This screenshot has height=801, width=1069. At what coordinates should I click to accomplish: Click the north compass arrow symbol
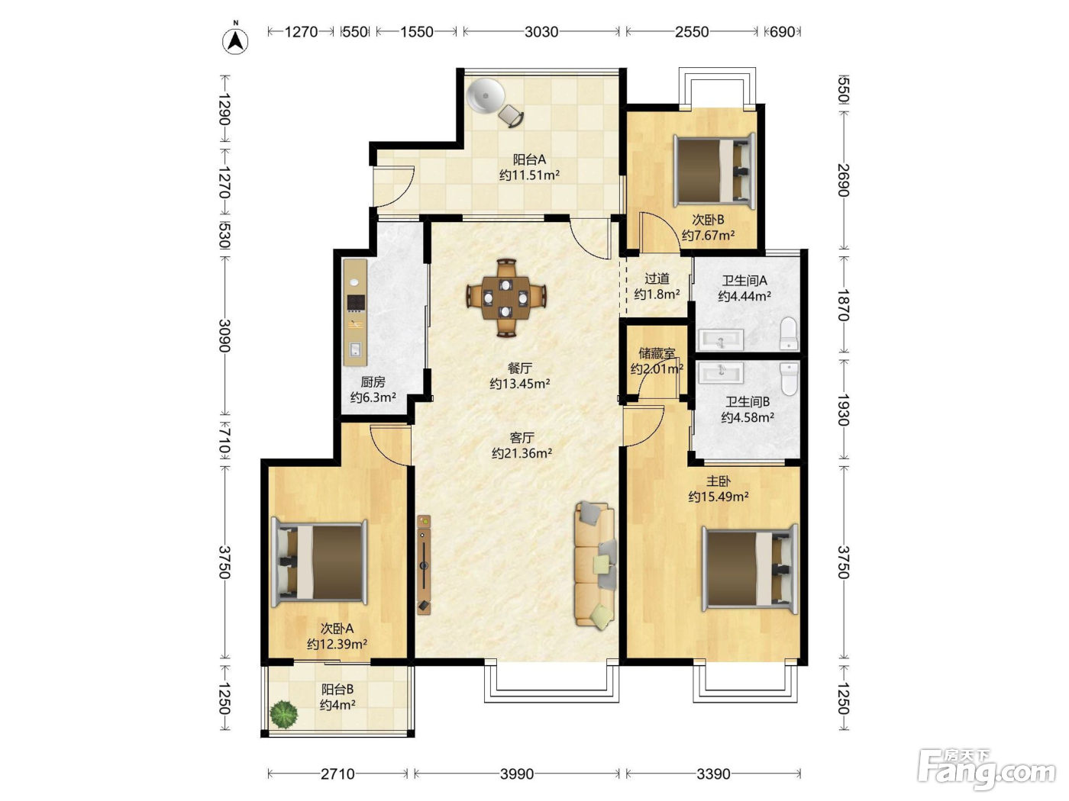tap(234, 41)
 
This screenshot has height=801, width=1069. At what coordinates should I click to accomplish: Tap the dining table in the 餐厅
tap(506, 298)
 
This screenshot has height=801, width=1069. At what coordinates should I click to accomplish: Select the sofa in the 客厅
tap(595, 565)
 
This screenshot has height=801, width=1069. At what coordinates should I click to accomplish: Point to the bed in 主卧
tap(750, 568)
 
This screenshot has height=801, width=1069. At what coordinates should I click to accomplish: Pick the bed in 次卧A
tap(319, 562)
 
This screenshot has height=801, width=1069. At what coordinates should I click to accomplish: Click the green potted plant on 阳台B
tap(283, 714)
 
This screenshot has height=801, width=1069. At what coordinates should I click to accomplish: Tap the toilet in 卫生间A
tap(789, 333)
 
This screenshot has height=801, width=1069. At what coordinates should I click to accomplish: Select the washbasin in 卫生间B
tap(722, 373)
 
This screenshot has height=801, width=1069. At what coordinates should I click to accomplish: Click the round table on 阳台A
tap(486, 96)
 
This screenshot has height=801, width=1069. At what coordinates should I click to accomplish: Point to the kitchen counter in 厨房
tap(354, 312)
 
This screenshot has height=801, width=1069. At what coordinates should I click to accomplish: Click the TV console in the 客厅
tap(425, 565)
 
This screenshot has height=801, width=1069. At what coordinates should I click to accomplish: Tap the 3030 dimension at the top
tap(541, 32)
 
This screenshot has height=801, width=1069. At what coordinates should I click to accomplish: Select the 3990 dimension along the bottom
tap(517, 774)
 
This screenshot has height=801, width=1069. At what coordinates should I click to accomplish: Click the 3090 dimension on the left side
tap(224, 335)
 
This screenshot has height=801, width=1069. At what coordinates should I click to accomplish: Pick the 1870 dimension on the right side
tap(843, 305)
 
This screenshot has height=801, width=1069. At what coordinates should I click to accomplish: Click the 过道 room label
tap(657, 278)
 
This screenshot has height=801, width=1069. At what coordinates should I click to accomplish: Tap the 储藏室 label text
tap(657, 353)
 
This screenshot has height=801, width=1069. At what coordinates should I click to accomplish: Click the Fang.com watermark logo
tap(987, 769)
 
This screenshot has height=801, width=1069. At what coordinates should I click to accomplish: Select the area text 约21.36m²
tap(522, 453)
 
